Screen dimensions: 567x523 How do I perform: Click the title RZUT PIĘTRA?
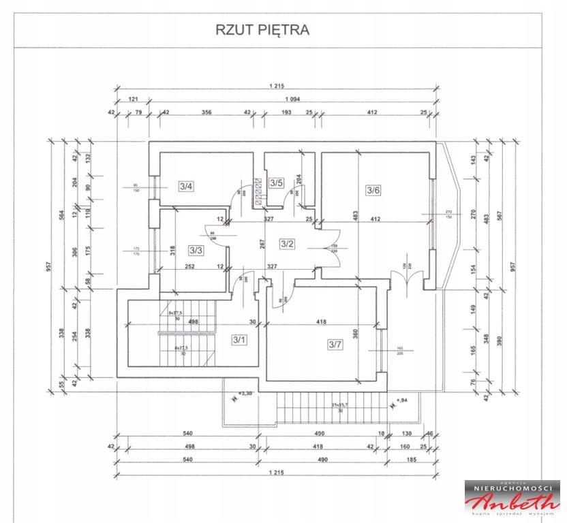click(x=263, y=30)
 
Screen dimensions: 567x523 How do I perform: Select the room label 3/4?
click(x=186, y=185)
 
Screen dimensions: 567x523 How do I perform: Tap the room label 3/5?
click(x=276, y=183)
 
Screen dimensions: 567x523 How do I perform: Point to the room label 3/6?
click(x=373, y=190)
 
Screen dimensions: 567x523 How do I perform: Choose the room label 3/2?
click(x=287, y=242)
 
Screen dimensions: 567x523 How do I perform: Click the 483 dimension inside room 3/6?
click(x=354, y=213)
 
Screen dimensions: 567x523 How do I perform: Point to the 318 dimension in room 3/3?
click(x=174, y=249)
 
